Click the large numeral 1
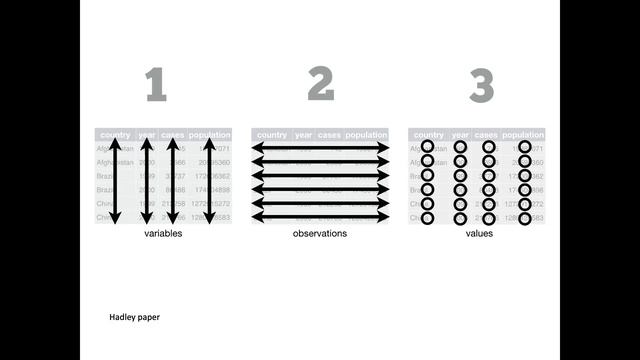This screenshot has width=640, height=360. pyautogui.click(x=155, y=86)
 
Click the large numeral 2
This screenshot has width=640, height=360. pyautogui.click(x=320, y=86)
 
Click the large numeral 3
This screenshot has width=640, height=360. pyautogui.click(x=482, y=86)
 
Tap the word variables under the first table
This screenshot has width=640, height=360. pyautogui.click(x=163, y=233)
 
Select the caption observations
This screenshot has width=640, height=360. pyautogui.click(x=320, y=233)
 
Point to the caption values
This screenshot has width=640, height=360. pyautogui.click(x=480, y=233)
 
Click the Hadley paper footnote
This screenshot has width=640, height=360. pyautogui.click(x=134, y=317)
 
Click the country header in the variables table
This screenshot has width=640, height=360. pyautogui.click(x=115, y=134)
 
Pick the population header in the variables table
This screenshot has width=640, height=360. pyautogui.click(x=209, y=134)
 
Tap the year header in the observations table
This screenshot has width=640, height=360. pyautogui.click(x=302, y=134)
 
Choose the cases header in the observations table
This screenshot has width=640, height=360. pyautogui.click(x=329, y=134)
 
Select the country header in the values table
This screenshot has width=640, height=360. pyautogui.click(x=428, y=134)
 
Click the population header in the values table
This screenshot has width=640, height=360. pyautogui.click(x=523, y=134)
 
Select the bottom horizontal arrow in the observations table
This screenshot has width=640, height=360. pyautogui.click(x=320, y=217)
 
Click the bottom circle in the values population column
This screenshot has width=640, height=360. pyautogui.click(x=524, y=217)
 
